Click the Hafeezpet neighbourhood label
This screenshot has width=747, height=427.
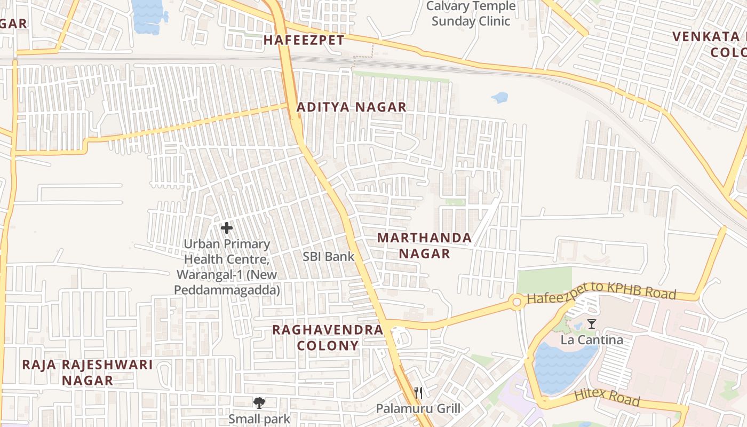(x=304, y=40)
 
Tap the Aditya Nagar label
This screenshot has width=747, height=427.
(x=351, y=107)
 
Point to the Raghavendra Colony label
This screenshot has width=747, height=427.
(x=328, y=337)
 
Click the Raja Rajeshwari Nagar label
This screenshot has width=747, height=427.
(x=87, y=373)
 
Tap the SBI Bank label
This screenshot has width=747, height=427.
(x=328, y=256)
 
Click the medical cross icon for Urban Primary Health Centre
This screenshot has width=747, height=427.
(x=227, y=228)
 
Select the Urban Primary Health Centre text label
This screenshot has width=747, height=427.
(x=227, y=267)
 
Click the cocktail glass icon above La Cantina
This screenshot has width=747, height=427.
(x=591, y=324)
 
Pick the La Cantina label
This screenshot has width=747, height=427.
(x=591, y=340)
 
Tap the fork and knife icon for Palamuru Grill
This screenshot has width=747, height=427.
(x=418, y=393)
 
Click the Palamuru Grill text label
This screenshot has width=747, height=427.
(x=418, y=409)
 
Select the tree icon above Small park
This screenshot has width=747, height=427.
(x=259, y=402)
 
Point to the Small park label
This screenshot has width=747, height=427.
(x=259, y=418)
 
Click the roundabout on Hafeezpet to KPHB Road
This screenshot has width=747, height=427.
(x=516, y=302)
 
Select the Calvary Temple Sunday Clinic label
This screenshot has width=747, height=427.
(x=471, y=14)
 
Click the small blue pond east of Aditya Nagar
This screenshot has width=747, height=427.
(x=499, y=98)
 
